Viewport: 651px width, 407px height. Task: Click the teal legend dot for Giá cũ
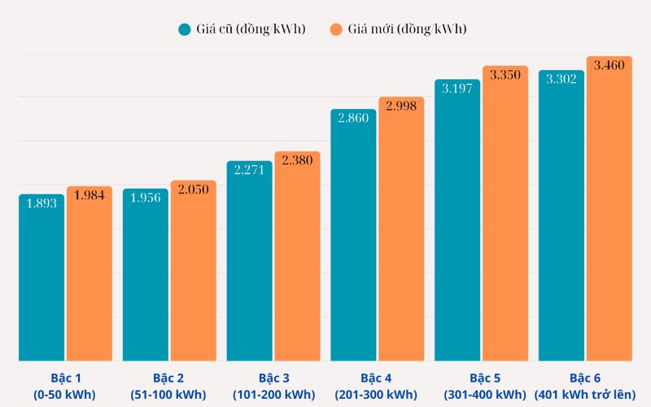(185, 29)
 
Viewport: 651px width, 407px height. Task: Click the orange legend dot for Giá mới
(336, 29)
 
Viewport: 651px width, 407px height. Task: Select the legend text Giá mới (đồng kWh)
(407, 29)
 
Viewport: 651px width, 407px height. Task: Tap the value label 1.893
(42, 203)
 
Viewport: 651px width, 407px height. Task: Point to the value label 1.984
(90, 195)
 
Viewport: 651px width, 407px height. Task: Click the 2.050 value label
(193, 189)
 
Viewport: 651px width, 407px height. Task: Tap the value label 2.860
(353, 118)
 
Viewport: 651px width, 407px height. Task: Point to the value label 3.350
(505, 75)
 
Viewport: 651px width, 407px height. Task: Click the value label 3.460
(609, 64)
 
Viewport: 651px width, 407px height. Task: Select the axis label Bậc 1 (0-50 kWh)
(64, 387)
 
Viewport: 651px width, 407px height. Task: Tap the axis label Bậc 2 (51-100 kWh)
(168, 387)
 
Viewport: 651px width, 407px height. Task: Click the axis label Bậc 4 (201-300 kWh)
(376, 387)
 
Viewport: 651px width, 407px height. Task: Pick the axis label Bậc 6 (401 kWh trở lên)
(584, 387)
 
